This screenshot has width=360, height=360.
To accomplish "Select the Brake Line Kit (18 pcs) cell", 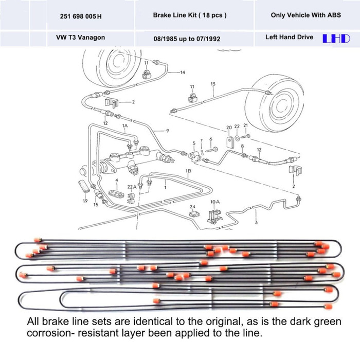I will point(189,15).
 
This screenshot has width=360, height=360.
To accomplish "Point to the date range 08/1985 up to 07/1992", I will point(189,38).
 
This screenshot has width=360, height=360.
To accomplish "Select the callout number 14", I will point(183,73).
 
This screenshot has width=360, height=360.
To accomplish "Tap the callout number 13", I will point(213,83).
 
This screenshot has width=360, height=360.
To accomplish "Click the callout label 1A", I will point(124,125).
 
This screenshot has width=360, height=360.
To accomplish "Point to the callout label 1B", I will point(188,170).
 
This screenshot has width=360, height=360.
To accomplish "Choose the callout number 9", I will point(167,131).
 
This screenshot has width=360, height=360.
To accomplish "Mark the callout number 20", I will point(229,127).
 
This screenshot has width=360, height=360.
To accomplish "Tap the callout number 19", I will point(85,202).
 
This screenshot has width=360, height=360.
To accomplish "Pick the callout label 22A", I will point(131,187).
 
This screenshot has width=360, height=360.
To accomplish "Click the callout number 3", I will point(256,222).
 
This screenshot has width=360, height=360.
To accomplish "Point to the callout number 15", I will point(96,205).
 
